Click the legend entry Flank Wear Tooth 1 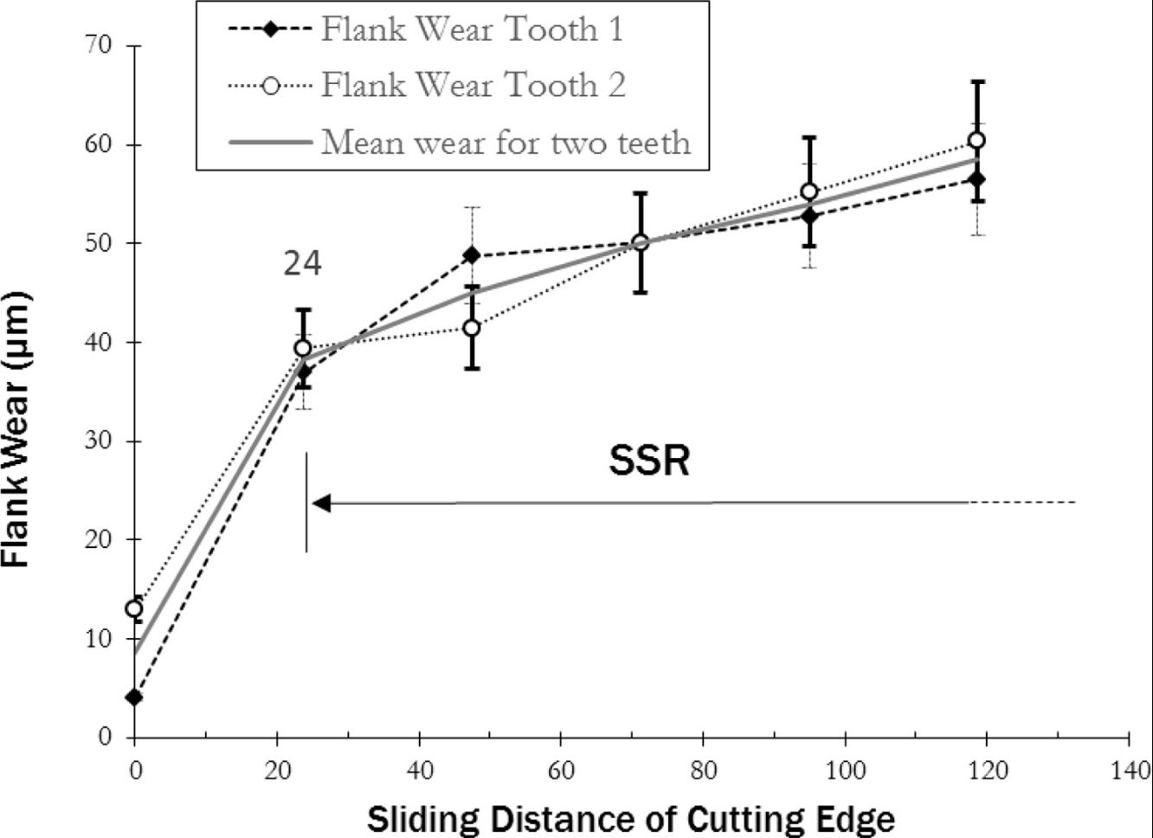click(472, 29)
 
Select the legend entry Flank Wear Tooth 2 click(473, 85)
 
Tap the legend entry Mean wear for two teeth click(506, 140)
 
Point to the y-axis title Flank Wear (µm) click(17, 430)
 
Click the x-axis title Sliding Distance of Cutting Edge click(631, 818)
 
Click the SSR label click(649, 461)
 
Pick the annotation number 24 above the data click(303, 264)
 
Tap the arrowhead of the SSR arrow click(321, 503)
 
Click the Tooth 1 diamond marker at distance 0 click(134, 697)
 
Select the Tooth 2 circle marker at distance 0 click(134, 609)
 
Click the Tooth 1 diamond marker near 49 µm click(472, 255)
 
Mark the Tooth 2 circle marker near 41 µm click(472, 328)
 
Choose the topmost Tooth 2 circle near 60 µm click(976, 140)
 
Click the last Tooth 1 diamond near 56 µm click(976, 179)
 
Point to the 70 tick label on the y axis click(100, 45)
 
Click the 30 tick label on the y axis click(100, 441)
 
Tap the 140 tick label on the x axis click(1128, 769)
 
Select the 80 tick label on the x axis click(703, 769)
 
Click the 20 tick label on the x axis click(276, 769)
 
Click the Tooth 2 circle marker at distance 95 click(809, 191)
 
